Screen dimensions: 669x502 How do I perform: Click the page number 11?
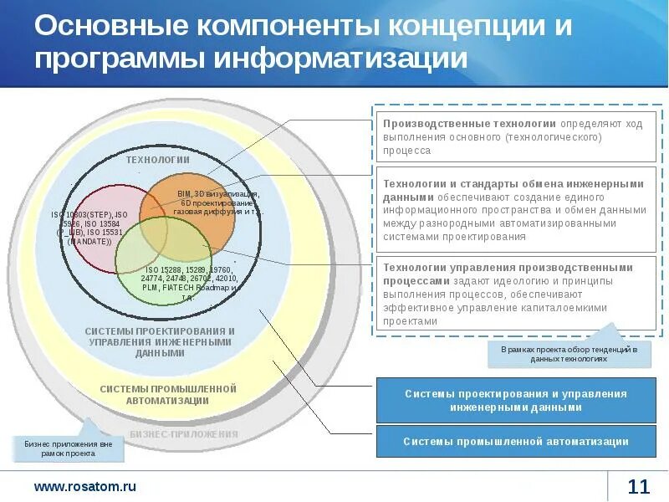638,486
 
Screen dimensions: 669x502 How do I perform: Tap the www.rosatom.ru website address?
84,486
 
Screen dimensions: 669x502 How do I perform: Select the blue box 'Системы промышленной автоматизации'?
515,441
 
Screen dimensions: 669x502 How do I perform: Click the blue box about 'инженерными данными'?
515,401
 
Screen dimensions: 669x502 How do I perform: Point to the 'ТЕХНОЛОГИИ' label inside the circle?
158,159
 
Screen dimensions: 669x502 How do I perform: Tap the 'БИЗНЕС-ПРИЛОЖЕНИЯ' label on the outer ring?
184,434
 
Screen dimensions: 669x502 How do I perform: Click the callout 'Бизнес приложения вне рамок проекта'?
68,448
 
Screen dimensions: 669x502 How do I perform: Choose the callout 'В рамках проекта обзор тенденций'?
569,353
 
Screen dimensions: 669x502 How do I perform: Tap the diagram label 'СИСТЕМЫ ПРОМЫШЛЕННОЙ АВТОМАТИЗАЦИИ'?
168,394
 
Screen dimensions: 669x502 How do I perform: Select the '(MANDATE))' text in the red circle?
89,241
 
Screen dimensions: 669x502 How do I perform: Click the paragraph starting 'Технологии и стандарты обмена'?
514,210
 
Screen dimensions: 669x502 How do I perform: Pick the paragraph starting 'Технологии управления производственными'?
514,294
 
